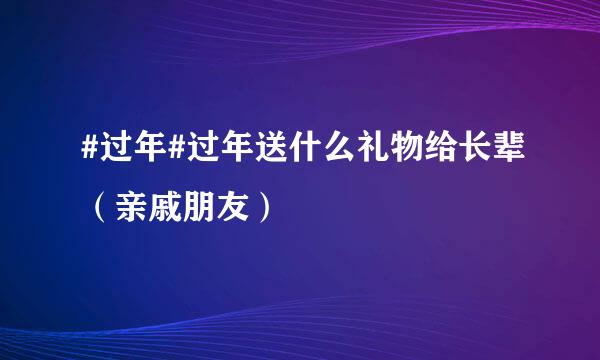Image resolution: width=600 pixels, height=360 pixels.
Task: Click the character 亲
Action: click(134, 207)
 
